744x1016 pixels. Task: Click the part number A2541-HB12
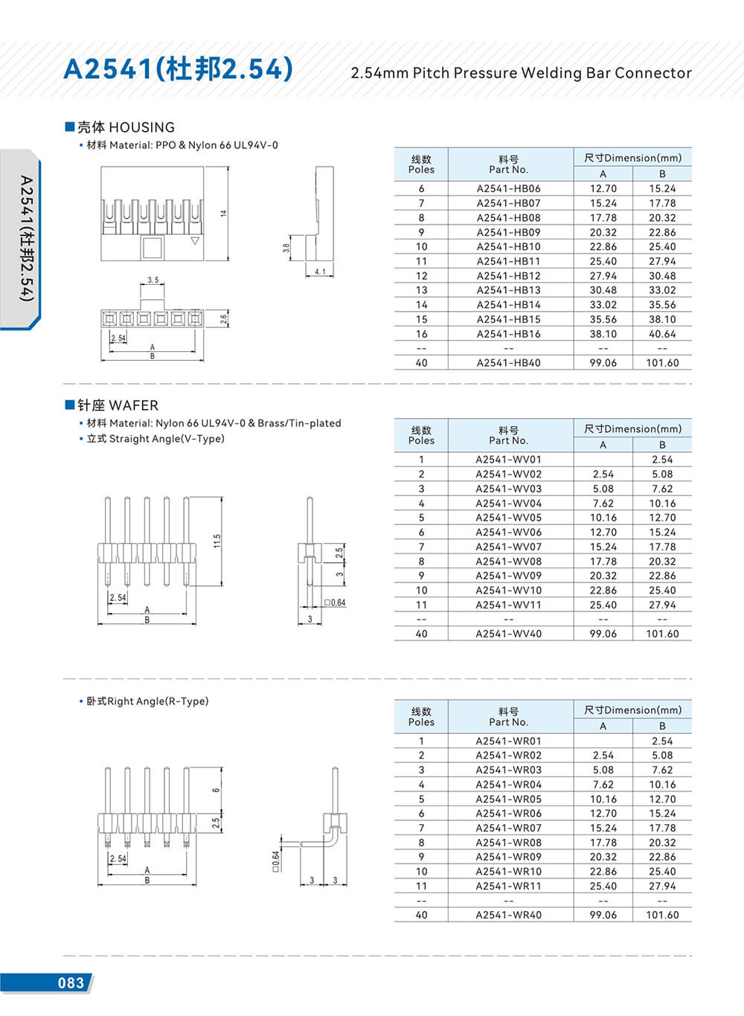(508, 276)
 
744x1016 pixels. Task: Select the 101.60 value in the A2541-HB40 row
(662, 363)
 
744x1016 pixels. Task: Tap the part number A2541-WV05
(508, 518)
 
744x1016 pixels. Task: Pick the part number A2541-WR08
(508, 843)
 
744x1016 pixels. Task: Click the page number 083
(71, 983)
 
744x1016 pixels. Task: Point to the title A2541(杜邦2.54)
(179, 69)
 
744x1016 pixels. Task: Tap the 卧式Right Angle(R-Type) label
(147, 701)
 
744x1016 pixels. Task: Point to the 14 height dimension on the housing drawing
(223, 213)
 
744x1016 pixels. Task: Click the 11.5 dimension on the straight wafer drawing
(217, 541)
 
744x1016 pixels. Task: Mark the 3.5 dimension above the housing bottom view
(153, 280)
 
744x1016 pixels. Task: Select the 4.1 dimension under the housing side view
(320, 272)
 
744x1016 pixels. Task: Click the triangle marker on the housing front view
(195, 241)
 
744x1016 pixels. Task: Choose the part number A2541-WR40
(508, 915)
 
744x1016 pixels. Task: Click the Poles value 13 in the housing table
(421, 290)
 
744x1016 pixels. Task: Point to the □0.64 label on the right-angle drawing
(275, 861)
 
